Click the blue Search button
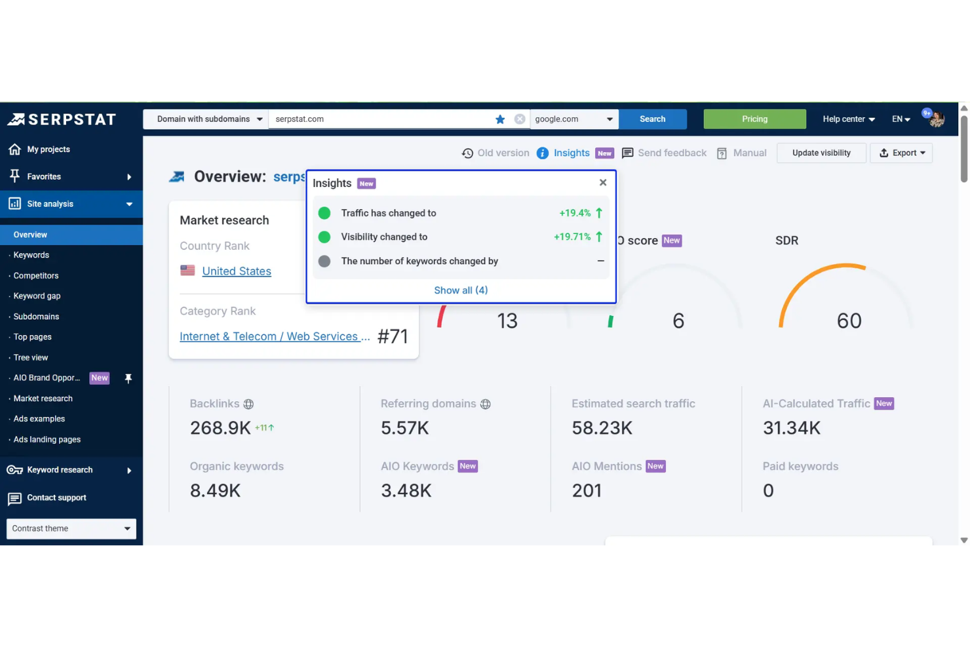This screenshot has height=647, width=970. [x=652, y=119]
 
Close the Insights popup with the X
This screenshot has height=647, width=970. [x=603, y=183]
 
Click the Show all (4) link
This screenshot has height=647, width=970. [x=461, y=290]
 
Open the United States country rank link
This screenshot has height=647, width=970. [x=236, y=271]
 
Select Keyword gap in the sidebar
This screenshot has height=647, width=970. [x=37, y=296]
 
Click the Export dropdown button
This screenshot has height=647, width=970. [x=901, y=153]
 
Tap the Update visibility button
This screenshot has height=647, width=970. [x=821, y=153]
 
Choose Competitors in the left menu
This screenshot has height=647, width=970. [x=36, y=276]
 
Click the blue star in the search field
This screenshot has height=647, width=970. [x=500, y=119]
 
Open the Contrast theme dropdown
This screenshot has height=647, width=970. [x=71, y=529]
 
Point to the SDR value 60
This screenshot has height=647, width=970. [x=849, y=321]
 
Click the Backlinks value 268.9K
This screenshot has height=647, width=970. [x=220, y=428]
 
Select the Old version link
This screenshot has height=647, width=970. [x=495, y=153]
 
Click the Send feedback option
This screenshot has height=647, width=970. [x=664, y=153]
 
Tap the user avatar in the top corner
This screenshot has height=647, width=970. [x=936, y=119]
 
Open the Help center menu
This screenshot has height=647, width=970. [x=848, y=119]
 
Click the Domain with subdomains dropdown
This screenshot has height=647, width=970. [x=206, y=119]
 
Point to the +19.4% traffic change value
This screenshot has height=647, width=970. [x=575, y=213]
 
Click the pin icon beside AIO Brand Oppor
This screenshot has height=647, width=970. [x=128, y=378]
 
